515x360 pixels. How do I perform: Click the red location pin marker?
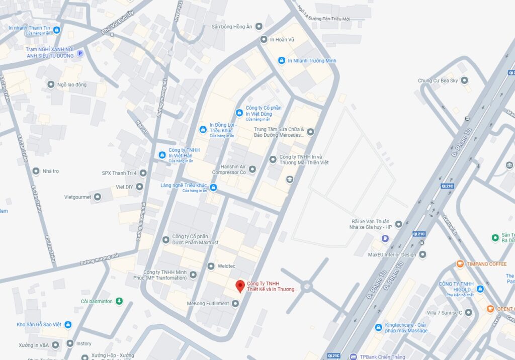click(x=240, y=287)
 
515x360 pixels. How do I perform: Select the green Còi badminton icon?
click(x=119, y=301)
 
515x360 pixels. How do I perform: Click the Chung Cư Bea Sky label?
click(x=438, y=80)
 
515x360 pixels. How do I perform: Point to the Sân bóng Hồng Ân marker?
click(x=259, y=26)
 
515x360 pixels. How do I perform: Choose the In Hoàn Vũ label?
click(x=284, y=40)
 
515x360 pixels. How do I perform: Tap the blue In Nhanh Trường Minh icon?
click(x=282, y=61)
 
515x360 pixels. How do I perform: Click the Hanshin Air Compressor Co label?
click(x=229, y=169)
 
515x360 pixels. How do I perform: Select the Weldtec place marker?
click(x=211, y=265)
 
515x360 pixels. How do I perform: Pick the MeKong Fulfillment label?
click(x=208, y=304)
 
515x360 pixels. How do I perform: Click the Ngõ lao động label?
click(x=71, y=84)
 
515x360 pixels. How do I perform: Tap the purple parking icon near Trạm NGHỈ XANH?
click(x=79, y=53)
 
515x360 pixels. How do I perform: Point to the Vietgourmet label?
click(x=77, y=197)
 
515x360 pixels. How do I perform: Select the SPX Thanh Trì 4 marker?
click(x=143, y=173)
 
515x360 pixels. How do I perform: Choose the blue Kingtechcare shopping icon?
click(x=378, y=328)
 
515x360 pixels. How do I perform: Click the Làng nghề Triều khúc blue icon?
click(x=213, y=188)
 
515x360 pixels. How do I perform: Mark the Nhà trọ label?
click(x=50, y=171)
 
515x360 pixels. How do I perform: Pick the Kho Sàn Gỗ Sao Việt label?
click(x=38, y=325)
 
